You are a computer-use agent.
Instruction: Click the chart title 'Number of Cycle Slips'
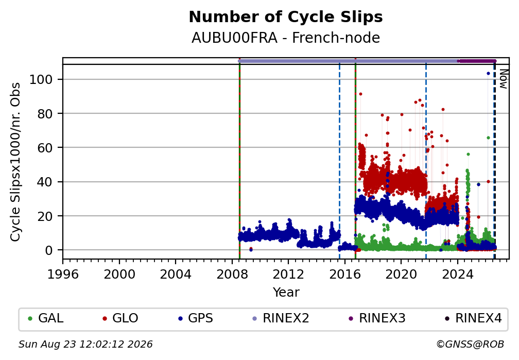pos(286,17)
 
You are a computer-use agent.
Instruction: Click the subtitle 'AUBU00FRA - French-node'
pos(286,38)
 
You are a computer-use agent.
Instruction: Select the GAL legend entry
pos(46,318)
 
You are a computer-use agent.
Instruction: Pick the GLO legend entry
pos(120,318)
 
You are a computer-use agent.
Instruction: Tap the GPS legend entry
pos(196,318)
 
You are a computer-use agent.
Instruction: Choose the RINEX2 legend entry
pos(281,318)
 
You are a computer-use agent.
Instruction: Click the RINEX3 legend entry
pos(377,318)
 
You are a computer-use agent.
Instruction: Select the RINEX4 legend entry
pos(473,318)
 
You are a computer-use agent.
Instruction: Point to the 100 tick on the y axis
pos(41,79)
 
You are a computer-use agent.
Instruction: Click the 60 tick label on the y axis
pos(45,148)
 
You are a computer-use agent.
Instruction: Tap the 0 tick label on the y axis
pos(49,250)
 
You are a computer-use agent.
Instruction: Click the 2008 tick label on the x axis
pos(232,274)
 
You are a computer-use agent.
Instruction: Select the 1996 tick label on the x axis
pos(63,274)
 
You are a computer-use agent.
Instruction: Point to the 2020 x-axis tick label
pos(401,274)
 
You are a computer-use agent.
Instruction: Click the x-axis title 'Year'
pos(286,292)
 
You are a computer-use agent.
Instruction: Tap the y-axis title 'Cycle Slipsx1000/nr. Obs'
pos(15,162)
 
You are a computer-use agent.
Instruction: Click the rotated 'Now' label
pos(503,79)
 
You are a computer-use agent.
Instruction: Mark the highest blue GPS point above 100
pos(488,74)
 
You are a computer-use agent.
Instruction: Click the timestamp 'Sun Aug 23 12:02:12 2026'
pos(85,345)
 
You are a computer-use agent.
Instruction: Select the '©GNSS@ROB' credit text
pos(470,345)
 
